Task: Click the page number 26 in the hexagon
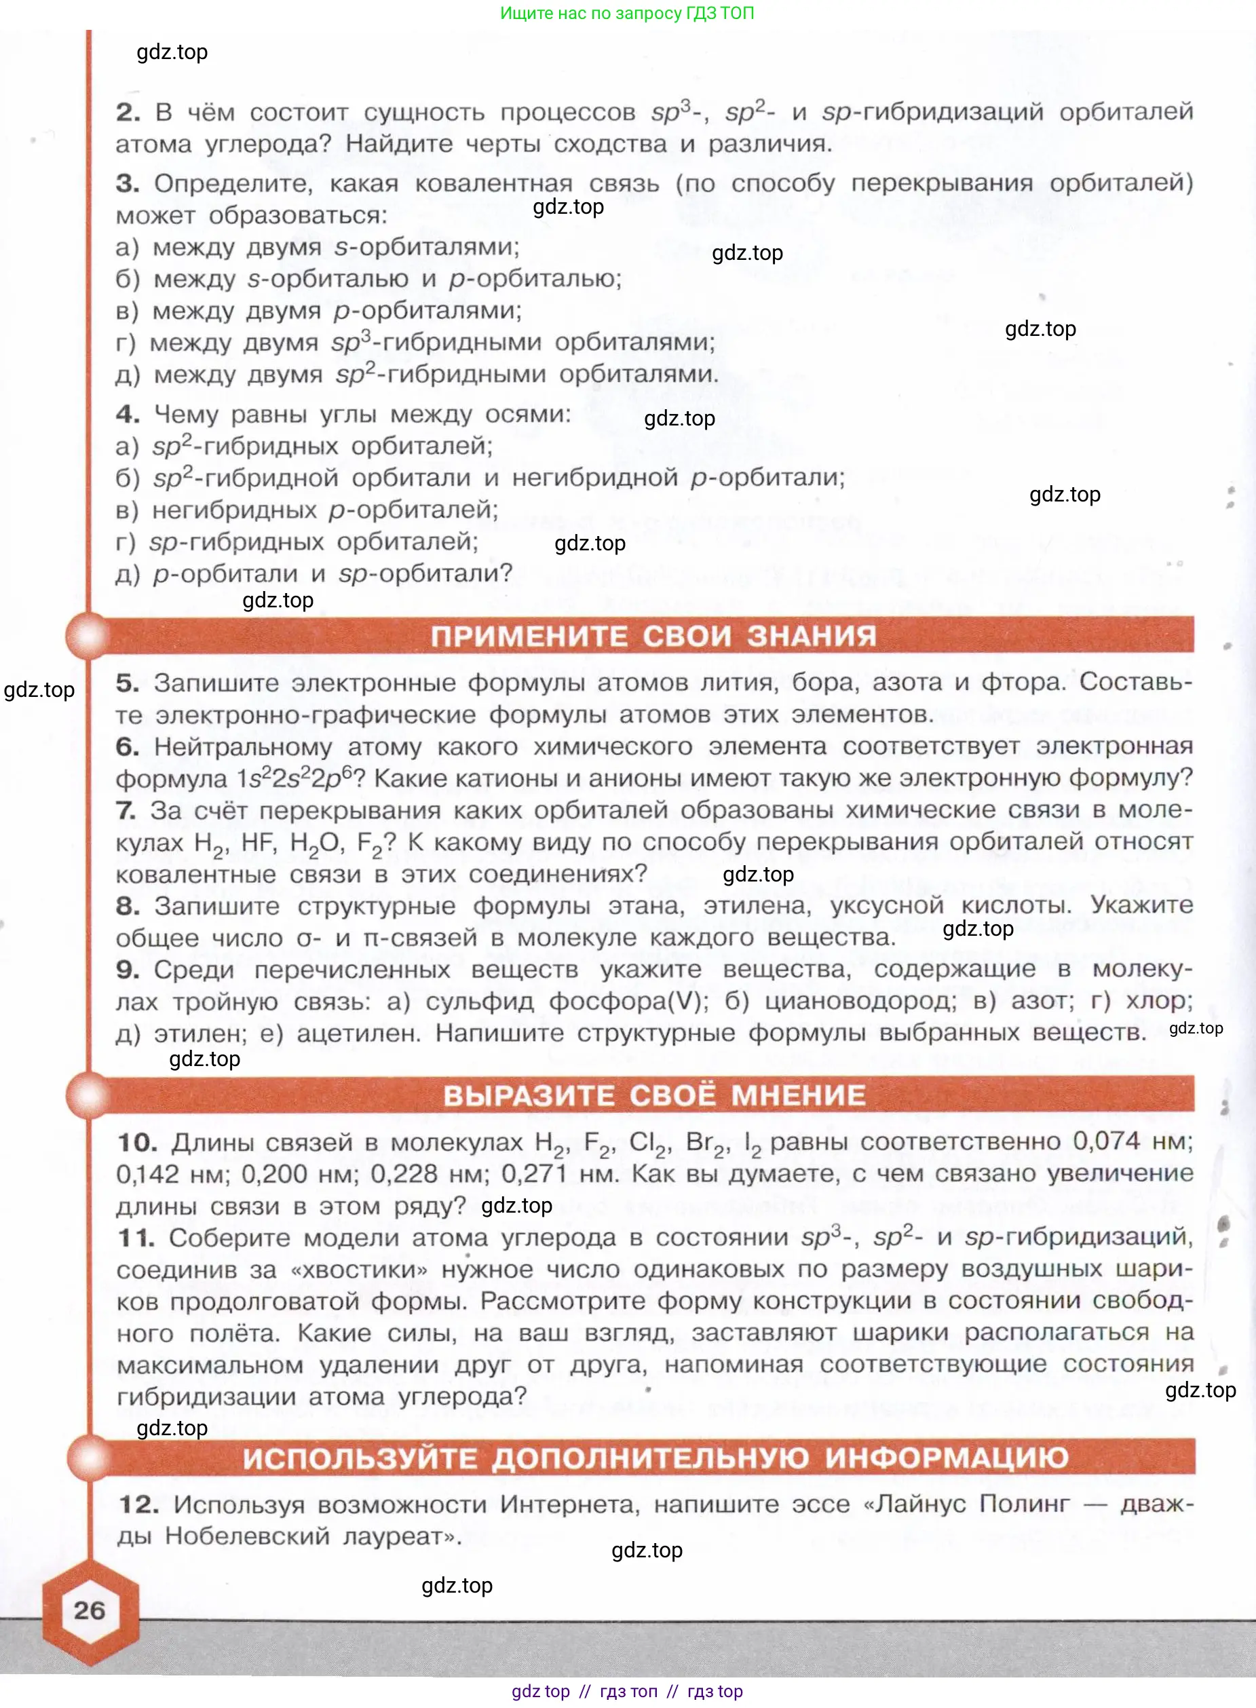(x=89, y=1610)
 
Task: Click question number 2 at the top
(x=128, y=113)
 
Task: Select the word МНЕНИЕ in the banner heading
(x=797, y=1095)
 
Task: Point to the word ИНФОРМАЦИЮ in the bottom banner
(x=947, y=1457)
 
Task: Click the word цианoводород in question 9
(x=860, y=1001)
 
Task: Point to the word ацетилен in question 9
(x=358, y=1033)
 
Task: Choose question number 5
(x=127, y=683)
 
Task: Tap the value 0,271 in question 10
(x=534, y=1174)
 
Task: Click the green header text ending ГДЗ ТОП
(x=626, y=13)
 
